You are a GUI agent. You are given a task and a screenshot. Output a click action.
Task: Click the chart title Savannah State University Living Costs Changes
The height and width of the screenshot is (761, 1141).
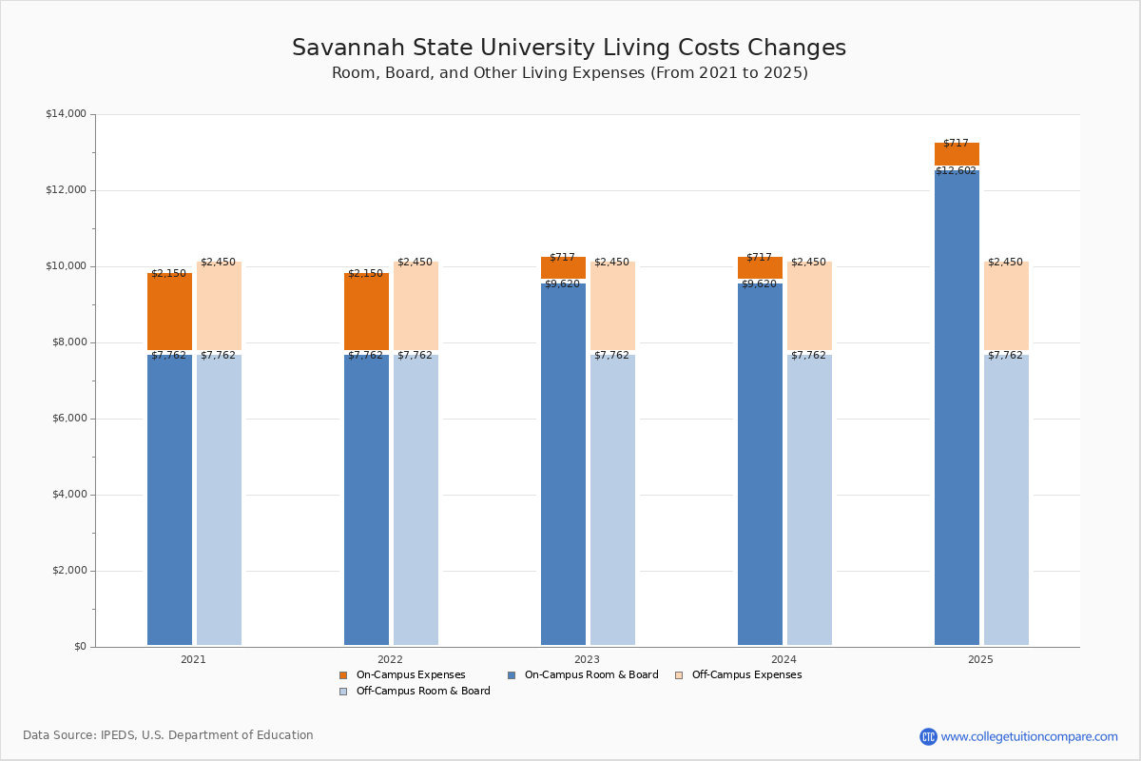pyautogui.click(x=569, y=49)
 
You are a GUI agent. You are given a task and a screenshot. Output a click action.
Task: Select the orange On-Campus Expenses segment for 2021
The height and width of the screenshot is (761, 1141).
pyautogui.click(x=169, y=312)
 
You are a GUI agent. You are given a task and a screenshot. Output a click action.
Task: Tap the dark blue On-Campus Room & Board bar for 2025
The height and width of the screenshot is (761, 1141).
pyautogui.click(x=957, y=409)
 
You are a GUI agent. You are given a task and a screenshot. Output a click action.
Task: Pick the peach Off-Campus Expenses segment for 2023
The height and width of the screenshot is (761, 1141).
pyautogui.click(x=612, y=306)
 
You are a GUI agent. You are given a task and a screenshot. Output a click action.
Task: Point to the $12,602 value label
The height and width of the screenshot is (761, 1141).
pyautogui.click(x=956, y=171)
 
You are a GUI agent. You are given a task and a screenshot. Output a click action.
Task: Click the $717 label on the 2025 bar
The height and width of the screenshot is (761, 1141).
pyautogui.click(x=956, y=144)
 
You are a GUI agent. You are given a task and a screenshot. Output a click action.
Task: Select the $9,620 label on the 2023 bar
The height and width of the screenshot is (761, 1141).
pyautogui.click(x=562, y=283)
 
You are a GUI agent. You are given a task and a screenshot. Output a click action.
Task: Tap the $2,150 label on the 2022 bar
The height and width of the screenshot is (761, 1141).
pyautogui.click(x=365, y=274)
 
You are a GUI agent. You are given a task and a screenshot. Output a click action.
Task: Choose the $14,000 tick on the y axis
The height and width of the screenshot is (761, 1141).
pyautogui.click(x=66, y=114)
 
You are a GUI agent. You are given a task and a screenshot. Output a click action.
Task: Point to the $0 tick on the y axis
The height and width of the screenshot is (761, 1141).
pyautogui.click(x=79, y=647)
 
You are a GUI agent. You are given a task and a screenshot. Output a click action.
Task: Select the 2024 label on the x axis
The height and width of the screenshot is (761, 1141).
pyautogui.click(x=783, y=659)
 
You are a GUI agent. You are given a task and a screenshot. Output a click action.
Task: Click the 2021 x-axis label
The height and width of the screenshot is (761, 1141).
pyautogui.click(x=193, y=659)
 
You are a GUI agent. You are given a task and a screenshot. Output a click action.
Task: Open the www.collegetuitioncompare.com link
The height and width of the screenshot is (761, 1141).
pyautogui.click(x=1029, y=736)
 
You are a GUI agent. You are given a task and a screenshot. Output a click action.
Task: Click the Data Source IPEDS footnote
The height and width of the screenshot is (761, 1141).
pyautogui.click(x=168, y=735)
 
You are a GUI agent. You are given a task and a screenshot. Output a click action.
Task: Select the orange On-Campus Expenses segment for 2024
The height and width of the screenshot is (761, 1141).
pyautogui.click(x=760, y=268)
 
